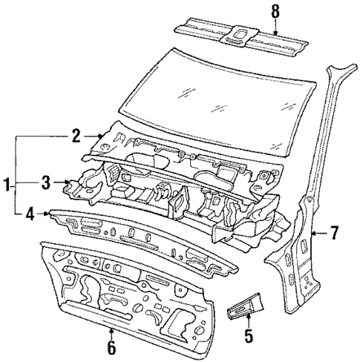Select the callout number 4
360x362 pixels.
click(29, 216)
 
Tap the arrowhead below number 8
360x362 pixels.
click(275, 33)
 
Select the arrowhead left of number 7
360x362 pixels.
click(314, 234)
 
